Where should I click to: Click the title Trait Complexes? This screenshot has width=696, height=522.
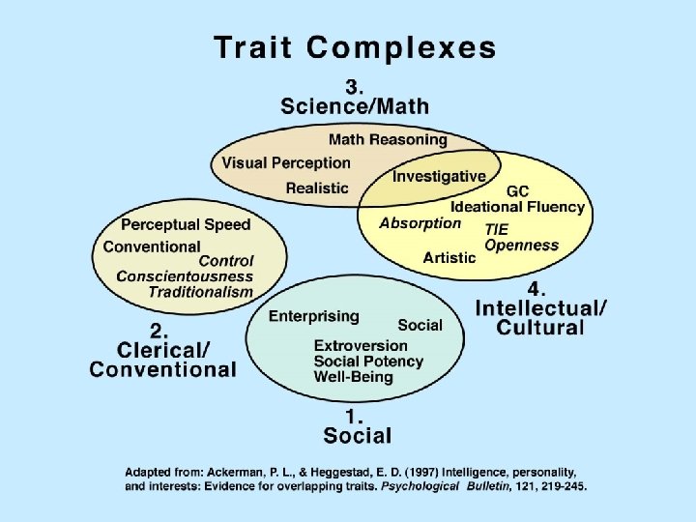pyautogui.click(x=355, y=46)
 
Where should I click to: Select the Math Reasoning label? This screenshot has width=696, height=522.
pyautogui.click(x=388, y=139)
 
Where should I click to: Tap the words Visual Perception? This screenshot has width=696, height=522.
pyautogui.click(x=285, y=162)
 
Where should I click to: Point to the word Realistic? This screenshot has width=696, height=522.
pyautogui.click(x=316, y=187)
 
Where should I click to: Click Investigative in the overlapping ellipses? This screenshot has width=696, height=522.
pyautogui.click(x=439, y=176)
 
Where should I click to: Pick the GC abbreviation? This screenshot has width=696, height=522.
pyautogui.click(x=517, y=191)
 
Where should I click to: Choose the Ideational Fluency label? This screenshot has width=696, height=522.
pyautogui.click(x=517, y=207)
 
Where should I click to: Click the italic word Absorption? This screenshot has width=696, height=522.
pyautogui.click(x=420, y=223)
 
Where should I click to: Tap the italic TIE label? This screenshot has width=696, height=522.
pyautogui.click(x=497, y=229)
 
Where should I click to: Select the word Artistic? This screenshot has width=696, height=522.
pyautogui.click(x=449, y=257)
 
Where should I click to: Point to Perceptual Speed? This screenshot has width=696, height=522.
pyautogui.click(x=186, y=224)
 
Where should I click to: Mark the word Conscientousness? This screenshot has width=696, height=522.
pyautogui.click(x=185, y=275)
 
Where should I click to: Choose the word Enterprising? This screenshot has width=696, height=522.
pyautogui.click(x=313, y=316)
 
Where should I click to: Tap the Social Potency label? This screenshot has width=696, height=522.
pyautogui.click(x=368, y=361)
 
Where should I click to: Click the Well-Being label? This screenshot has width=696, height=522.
pyautogui.click(x=353, y=376)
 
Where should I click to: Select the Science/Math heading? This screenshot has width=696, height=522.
pyautogui.click(x=355, y=105)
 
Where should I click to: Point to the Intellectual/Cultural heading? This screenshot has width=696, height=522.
pyautogui.click(x=541, y=317)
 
